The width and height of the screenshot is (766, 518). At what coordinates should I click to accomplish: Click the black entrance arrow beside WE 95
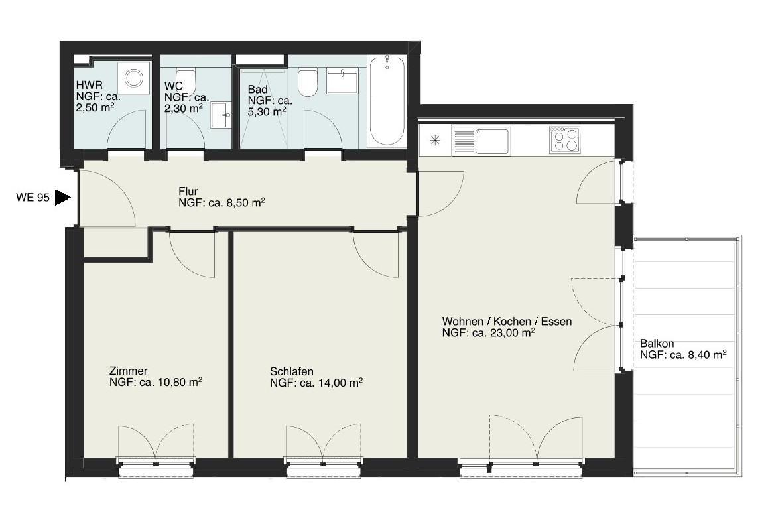(x=62, y=198)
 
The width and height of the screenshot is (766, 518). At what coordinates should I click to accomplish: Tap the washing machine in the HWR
(x=133, y=77)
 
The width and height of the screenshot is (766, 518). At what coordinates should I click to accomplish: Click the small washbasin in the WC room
(x=222, y=115)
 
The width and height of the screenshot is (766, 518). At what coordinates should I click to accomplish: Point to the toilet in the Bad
(x=308, y=83)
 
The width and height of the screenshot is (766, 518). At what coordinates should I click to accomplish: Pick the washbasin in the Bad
(x=342, y=81)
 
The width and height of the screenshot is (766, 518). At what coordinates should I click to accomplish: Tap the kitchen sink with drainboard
(x=481, y=141)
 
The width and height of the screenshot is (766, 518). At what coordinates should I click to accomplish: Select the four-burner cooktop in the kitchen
(x=565, y=140)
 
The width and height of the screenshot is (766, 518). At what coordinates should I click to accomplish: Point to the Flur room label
(x=188, y=191)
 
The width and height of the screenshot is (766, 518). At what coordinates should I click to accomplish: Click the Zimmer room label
(x=129, y=371)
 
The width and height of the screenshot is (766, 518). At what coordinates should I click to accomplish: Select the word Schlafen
(x=292, y=371)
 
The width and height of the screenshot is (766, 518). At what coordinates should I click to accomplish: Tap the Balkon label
(x=657, y=344)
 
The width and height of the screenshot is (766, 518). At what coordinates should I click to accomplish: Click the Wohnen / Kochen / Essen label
(x=507, y=322)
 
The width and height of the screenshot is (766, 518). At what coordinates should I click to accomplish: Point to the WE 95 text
(x=32, y=198)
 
